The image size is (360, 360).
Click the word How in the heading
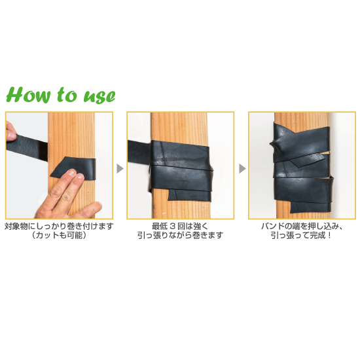pyautogui.click(x=28, y=95)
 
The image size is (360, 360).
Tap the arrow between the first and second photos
pyautogui.click(x=120, y=168)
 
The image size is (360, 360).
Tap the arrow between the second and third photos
pyautogui.click(x=242, y=168)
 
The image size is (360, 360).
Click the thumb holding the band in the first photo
pyautogui.click(x=10, y=130)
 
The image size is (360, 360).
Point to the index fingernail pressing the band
pyautogui.click(x=72, y=172)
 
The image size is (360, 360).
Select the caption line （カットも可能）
pyautogui.click(x=59, y=236)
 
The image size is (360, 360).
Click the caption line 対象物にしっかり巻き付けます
pyautogui.click(x=59, y=226)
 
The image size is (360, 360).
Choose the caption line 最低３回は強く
pyautogui.click(x=180, y=226)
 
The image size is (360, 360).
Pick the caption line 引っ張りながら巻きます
pyautogui.click(x=180, y=236)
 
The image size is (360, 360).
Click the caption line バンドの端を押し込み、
pyautogui.click(x=302, y=226)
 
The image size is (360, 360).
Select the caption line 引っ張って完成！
pyautogui.click(x=301, y=236)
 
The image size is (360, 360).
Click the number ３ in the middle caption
pyautogui.click(x=172, y=226)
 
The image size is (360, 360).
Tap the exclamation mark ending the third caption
pyautogui.click(x=329, y=236)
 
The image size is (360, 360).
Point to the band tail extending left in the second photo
pyautogui.click(x=139, y=153)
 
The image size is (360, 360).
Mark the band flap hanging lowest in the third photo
pyautogui.click(x=310, y=206)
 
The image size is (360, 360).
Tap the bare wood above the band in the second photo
pyautogui.click(x=179, y=128)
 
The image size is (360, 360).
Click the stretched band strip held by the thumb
pyautogui.click(x=27, y=146)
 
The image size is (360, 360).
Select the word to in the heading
pyautogui.click(x=67, y=95)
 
